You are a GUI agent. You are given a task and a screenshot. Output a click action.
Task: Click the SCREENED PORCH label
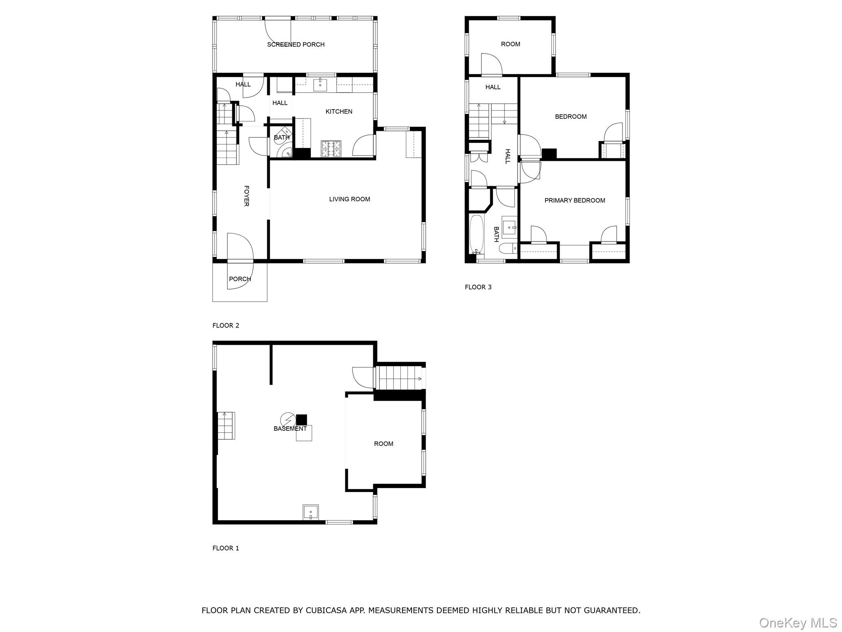[296, 44]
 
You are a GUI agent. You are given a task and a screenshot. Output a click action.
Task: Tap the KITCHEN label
[339, 112]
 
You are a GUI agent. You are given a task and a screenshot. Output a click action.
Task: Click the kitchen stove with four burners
[331, 149]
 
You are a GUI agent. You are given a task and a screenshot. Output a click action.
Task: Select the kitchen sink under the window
[320, 85]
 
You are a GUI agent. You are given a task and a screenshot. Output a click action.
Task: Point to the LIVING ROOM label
[349, 199]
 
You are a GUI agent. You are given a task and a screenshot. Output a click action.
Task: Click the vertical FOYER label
[246, 196]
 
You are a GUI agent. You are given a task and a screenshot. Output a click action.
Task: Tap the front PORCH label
[240, 279]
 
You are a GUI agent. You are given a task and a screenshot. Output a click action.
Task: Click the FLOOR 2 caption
[226, 325]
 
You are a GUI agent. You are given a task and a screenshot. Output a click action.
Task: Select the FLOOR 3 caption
[478, 287]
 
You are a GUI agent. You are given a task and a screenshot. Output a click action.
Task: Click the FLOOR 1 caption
[226, 548]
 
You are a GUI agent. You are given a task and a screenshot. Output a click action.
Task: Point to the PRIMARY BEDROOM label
[574, 200]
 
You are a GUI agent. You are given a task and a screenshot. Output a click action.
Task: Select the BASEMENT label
[290, 428]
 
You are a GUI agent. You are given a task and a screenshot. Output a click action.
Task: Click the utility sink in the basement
[310, 512]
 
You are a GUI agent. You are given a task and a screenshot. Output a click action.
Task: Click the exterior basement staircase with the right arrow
[400, 378]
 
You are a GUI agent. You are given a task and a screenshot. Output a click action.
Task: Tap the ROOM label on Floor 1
[383, 444]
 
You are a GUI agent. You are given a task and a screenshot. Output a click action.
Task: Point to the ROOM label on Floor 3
[510, 44]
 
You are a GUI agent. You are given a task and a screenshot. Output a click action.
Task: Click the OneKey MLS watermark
[798, 623]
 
